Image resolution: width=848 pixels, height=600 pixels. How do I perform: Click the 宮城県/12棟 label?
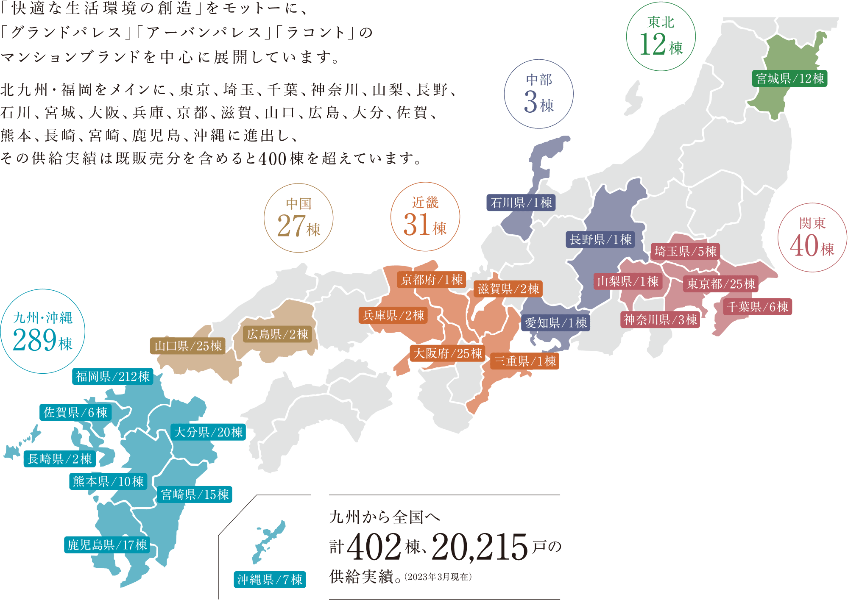(x=789, y=78)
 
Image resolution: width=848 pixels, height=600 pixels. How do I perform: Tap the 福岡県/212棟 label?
(x=112, y=376)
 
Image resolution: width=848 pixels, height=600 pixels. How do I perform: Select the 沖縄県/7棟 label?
(x=270, y=579)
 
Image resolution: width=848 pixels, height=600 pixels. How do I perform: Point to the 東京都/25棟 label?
(x=721, y=283)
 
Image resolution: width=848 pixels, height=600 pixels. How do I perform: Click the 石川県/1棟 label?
(x=521, y=203)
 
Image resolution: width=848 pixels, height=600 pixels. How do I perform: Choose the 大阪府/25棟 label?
(x=447, y=353)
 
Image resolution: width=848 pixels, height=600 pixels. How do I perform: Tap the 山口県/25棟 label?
(x=188, y=346)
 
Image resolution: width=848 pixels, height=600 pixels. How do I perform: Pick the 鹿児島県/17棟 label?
(x=107, y=544)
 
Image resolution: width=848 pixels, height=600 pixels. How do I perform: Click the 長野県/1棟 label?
(x=600, y=239)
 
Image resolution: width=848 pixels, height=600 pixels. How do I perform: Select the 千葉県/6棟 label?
(x=757, y=306)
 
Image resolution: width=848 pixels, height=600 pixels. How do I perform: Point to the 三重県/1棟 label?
(x=525, y=361)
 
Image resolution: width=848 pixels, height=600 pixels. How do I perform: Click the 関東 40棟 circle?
(x=812, y=238)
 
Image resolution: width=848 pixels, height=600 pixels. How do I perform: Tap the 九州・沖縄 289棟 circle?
(x=43, y=331)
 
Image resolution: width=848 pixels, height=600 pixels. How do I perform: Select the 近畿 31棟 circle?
(x=425, y=217)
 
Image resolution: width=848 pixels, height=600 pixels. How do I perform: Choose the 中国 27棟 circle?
(x=298, y=218)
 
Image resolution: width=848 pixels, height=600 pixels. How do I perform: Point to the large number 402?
(x=374, y=547)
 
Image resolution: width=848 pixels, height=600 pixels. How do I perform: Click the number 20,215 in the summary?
(x=480, y=547)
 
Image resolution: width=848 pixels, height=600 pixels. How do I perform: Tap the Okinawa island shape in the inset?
(x=269, y=540)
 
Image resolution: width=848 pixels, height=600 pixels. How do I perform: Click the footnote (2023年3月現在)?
(x=438, y=577)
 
